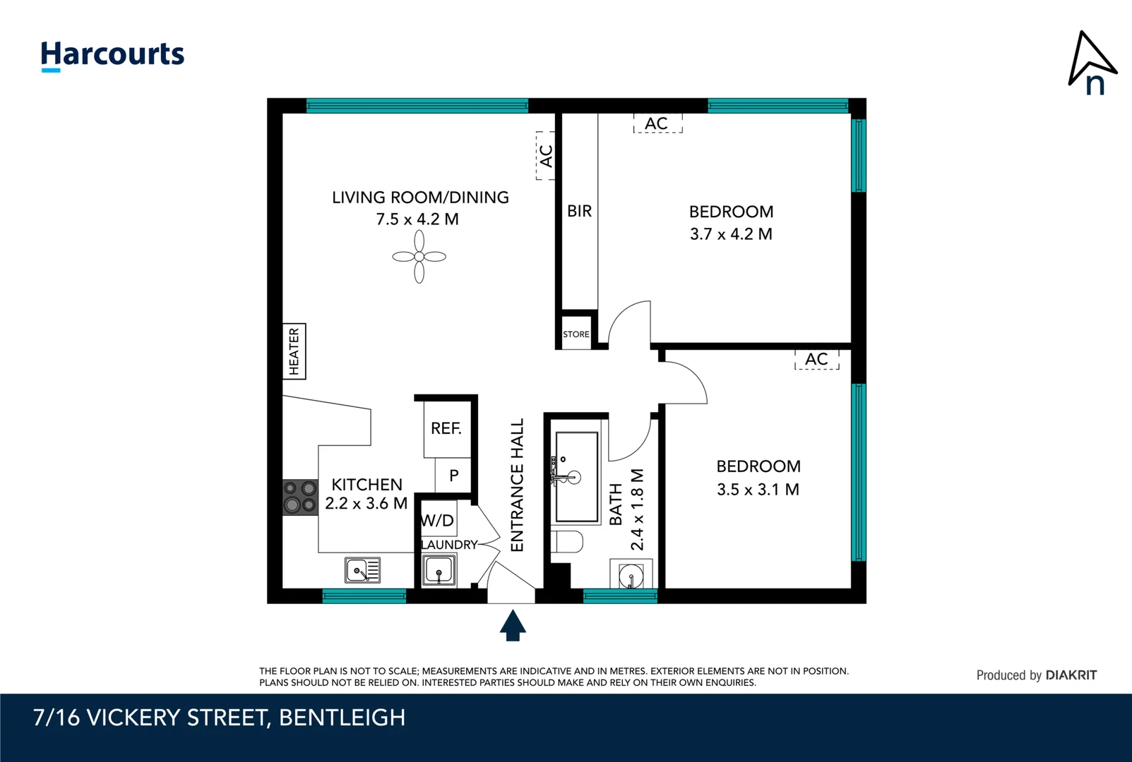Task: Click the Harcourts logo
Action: click(112, 55)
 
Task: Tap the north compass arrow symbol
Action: click(1090, 62)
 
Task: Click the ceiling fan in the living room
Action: click(419, 257)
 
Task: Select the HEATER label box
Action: click(294, 351)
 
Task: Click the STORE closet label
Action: click(576, 334)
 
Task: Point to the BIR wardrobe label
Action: click(579, 211)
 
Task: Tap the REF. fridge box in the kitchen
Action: click(446, 428)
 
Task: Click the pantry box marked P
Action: click(453, 476)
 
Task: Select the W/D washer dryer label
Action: click(438, 521)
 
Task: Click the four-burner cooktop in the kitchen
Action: click(300, 497)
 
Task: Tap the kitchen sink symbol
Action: click(362, 569)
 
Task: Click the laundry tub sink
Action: click(439, 570)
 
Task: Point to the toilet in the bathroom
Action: click(567, 542)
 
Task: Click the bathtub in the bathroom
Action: click(576, 477)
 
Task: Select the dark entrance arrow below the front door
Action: click(513, 626)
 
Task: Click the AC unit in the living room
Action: click(545, 155)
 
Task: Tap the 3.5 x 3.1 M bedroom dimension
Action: click(758, 489)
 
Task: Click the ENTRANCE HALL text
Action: click(517, 485)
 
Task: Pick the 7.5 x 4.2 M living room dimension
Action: click(417, 219)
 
